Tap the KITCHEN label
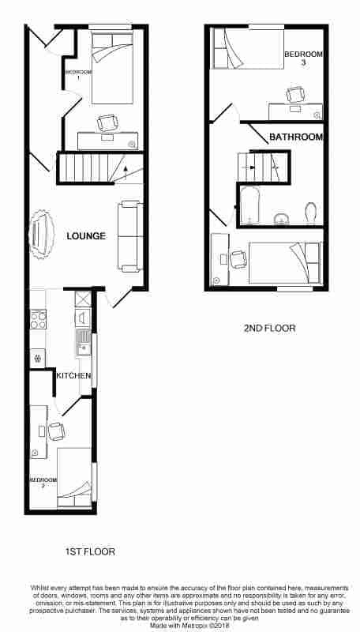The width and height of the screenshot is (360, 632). (73, 375)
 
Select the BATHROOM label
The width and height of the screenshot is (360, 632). (296, 137)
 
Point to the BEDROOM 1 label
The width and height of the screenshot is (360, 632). (78, 76)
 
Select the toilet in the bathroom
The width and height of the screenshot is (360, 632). (310, 212)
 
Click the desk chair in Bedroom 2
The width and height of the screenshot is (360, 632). (55, 431)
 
